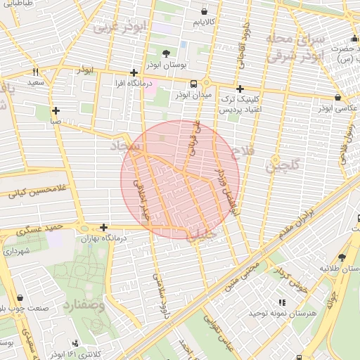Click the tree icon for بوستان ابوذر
click(166, 53)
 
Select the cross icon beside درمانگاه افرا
click(134, 72)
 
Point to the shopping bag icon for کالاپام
click(204, 12)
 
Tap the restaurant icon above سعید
click(35, 72)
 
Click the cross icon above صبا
click(56, 110)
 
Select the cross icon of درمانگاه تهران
click(103, 227)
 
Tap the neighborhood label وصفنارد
click(84, 306)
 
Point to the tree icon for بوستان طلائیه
click(342, 257)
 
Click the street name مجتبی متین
click(243, 277)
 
